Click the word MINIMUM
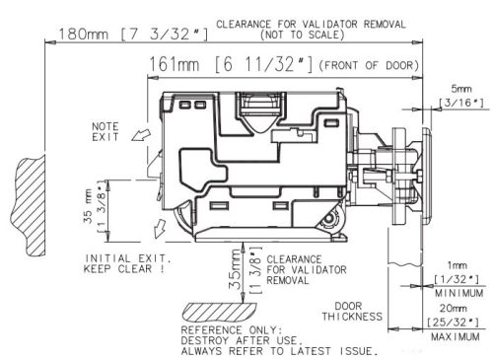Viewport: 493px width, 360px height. tap(458, 293)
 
